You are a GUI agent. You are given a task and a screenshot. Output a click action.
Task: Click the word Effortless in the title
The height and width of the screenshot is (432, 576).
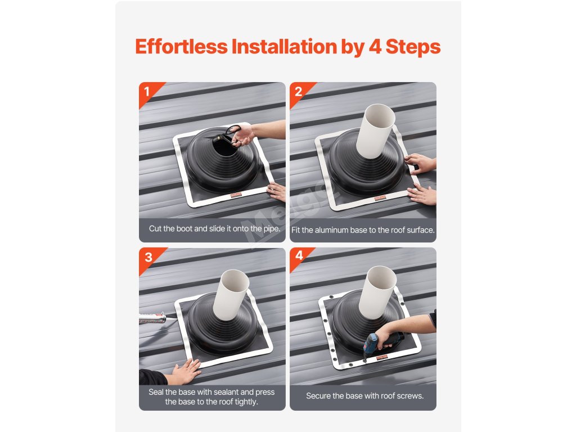click(x=182, y=46)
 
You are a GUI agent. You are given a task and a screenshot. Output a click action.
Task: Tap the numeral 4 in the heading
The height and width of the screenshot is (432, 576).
click(x=375, y=47)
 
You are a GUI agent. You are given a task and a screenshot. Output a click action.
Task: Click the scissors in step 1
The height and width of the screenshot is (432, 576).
click(x=227, y=136)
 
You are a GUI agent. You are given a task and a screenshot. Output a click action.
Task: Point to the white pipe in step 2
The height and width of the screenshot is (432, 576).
click(x=376, y=131)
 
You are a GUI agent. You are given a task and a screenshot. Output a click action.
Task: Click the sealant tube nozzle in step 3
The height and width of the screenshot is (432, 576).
click(x=161, y=317)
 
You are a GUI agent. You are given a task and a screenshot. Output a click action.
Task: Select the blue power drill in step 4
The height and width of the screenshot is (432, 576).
click(x=382, y=343)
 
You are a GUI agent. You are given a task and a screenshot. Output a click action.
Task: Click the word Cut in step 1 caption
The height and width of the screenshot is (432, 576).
click(x=155, y=228)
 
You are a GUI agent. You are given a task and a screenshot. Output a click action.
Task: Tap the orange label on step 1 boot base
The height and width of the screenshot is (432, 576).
click(x=236, y=195)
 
